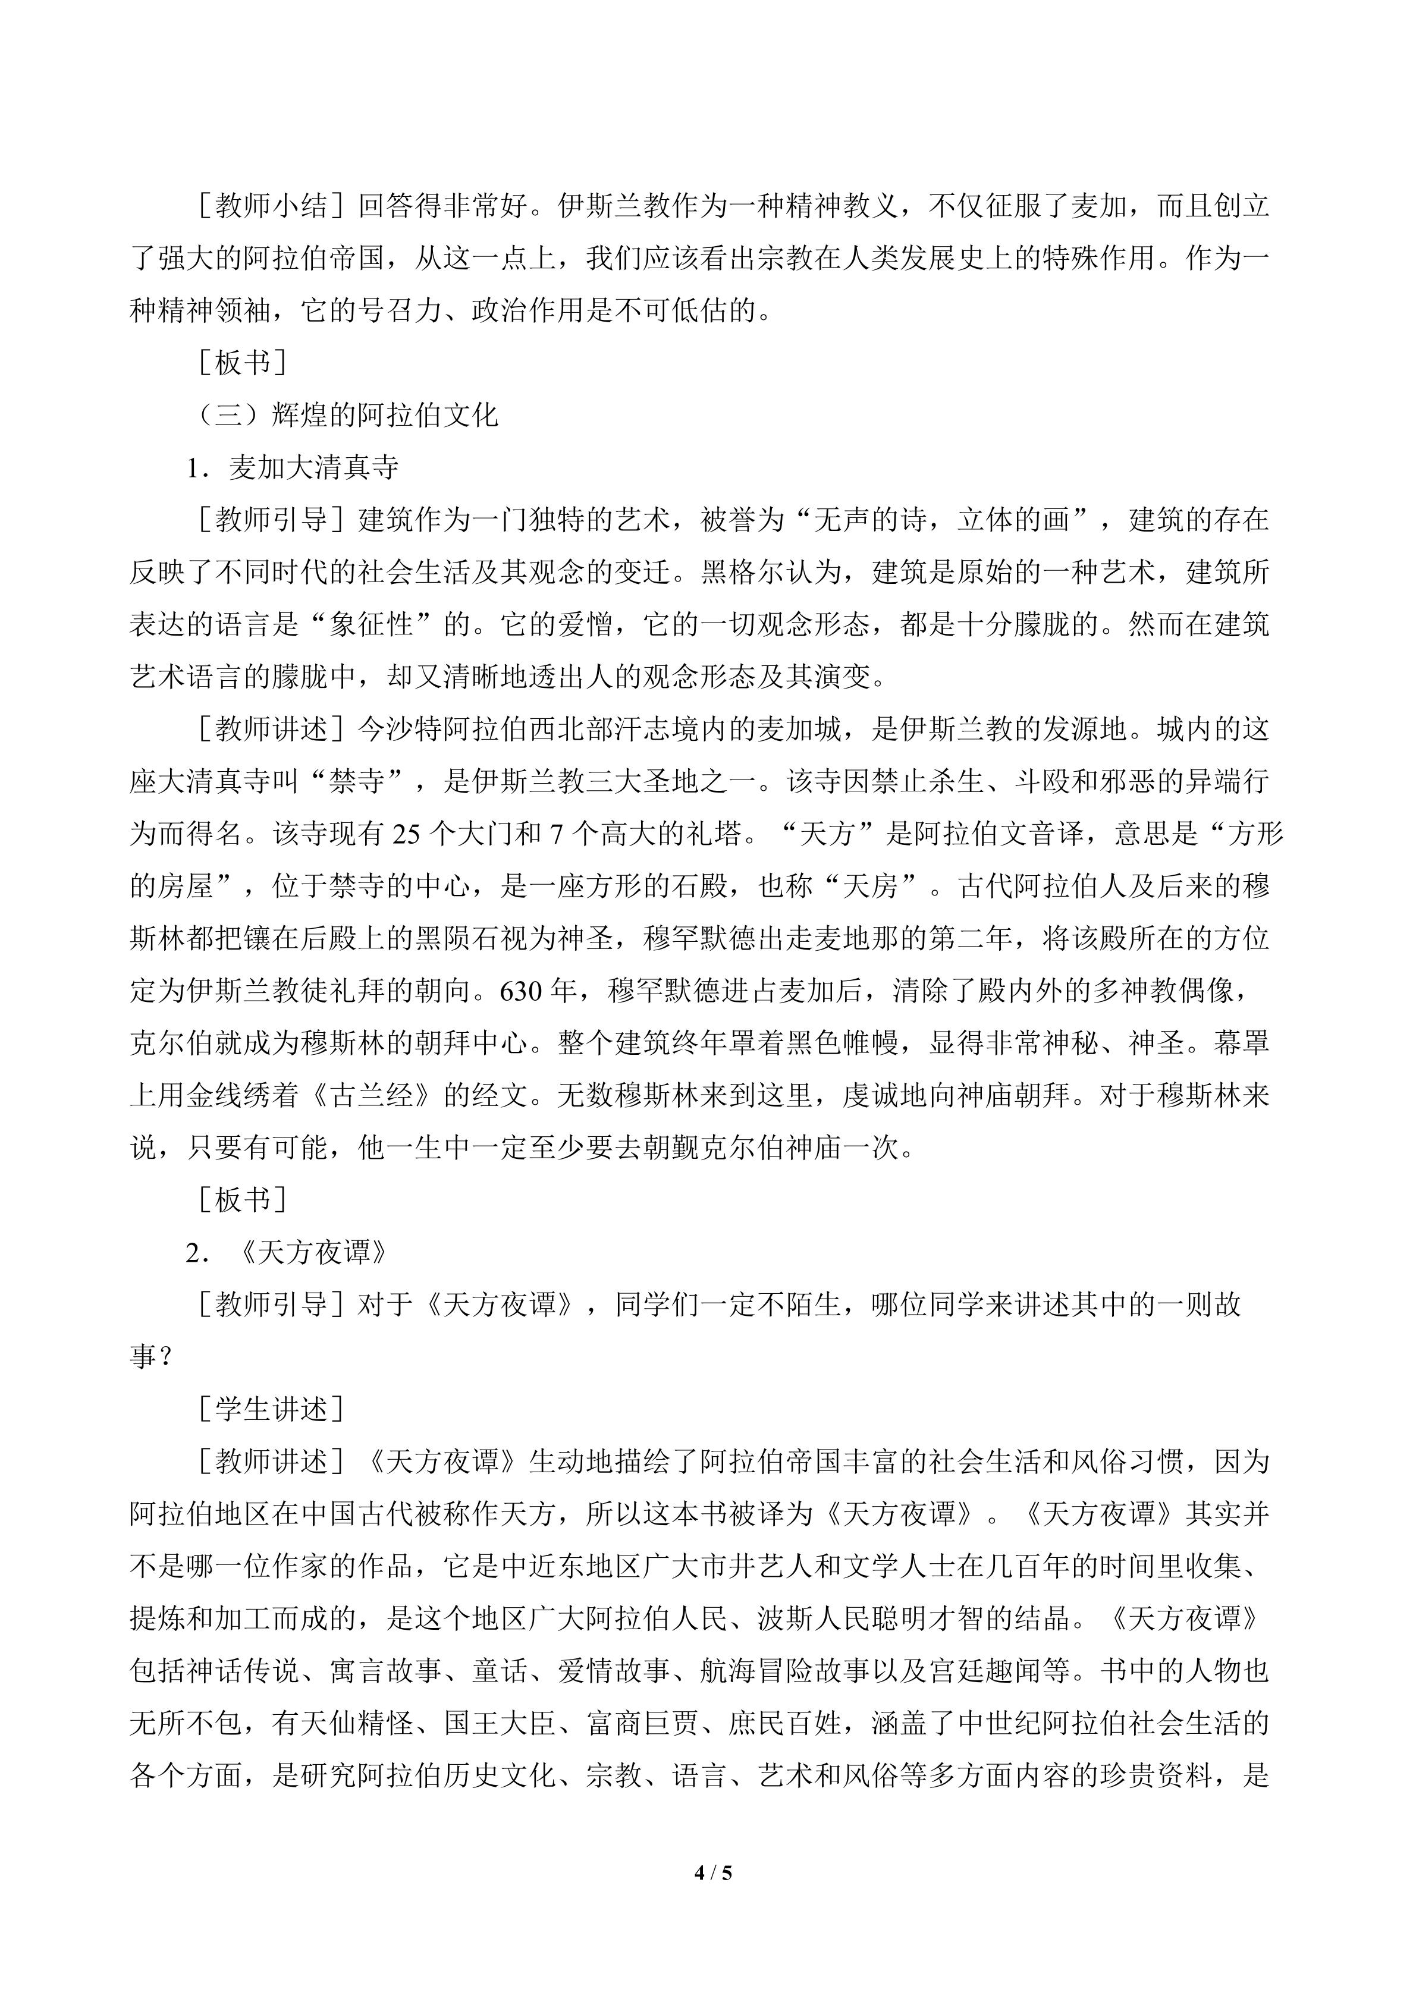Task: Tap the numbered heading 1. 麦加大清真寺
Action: [293, 468]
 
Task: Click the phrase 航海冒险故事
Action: [786, 1671]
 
